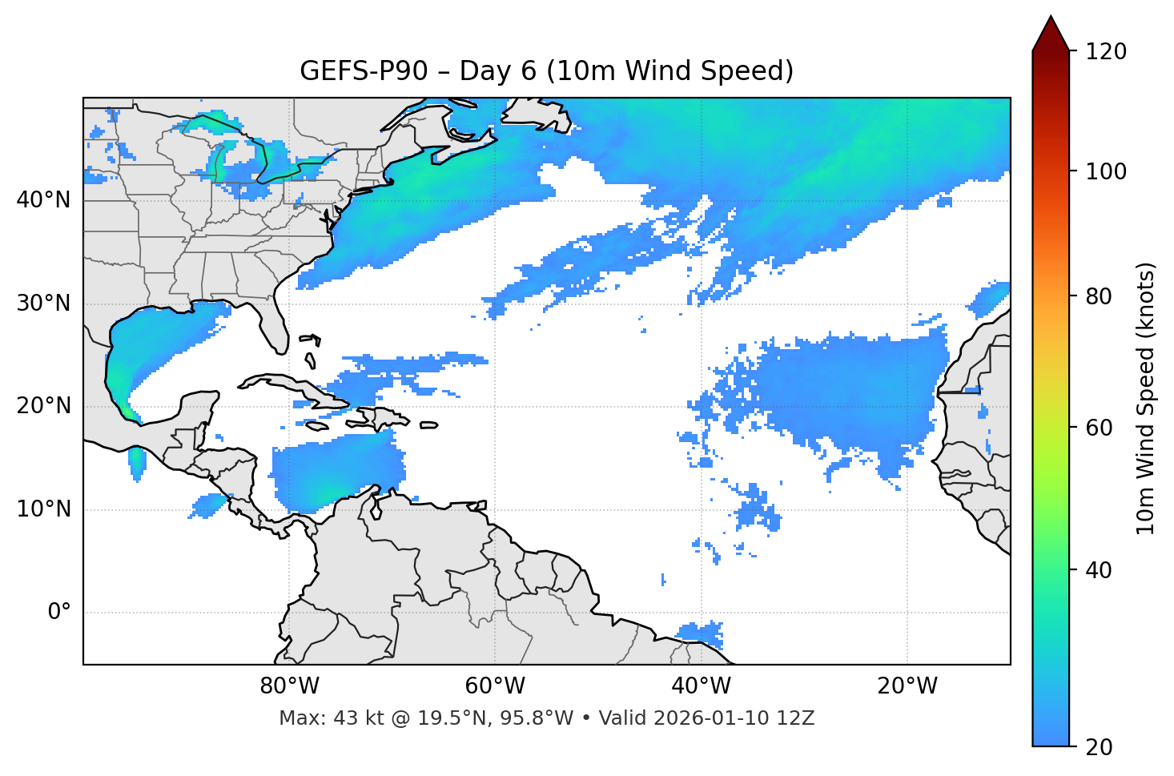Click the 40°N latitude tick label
point(43,200)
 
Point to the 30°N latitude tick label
point(43,304)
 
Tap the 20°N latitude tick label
point(43,406)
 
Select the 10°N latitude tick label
point(43,509)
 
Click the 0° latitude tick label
point(58,613)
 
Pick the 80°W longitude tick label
point(289,686)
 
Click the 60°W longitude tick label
point(495,686)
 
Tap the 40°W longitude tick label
point(701,686)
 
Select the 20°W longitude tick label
point(907,686)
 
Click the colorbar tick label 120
point(1105,52)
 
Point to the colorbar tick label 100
point(1105,171)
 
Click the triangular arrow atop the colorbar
point(1051,34)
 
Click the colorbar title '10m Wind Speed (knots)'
point(1146,398)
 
